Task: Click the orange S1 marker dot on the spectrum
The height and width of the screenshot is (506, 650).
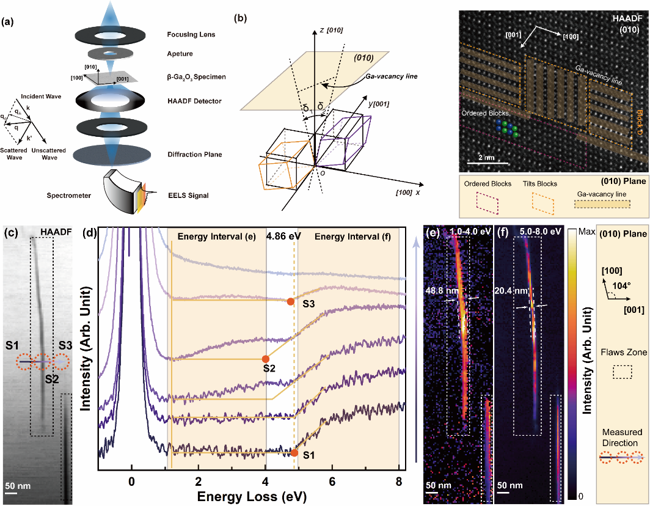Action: pos(294,453)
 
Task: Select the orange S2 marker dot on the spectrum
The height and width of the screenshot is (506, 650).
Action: pos(265,359)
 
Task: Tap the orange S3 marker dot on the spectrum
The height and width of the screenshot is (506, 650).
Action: pos(290,301)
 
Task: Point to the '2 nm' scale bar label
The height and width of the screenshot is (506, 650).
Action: pos(486,157)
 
